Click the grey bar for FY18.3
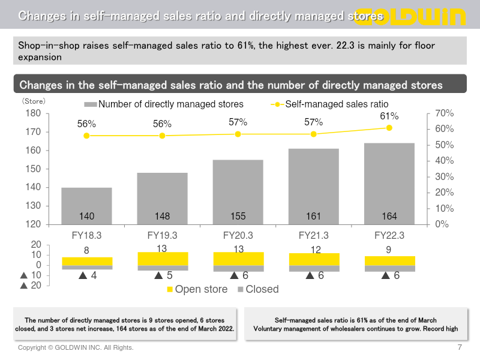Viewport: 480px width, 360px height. coord(86,206)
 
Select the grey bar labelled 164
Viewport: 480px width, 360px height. coord(389,184)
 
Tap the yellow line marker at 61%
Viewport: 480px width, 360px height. coord(389,128)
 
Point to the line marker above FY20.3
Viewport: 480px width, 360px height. coord(238,134)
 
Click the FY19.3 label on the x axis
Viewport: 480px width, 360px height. coord(162,235)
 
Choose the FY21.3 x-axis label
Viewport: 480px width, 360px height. coord(313,235)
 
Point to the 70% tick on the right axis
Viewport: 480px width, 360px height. coord(444,113)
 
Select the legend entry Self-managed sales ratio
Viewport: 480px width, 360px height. coord(336,104)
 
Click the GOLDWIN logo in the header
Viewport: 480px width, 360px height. coord(414,16)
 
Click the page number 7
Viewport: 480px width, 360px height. coord(460,347)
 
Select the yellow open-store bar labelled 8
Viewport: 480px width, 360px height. coord(86,261)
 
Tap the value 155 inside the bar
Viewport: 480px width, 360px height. coord(238,216)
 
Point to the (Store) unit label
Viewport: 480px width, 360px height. coord(34,101)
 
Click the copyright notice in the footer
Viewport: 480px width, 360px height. coord(76,347)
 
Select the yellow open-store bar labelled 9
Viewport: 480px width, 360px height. coord(389,260)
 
